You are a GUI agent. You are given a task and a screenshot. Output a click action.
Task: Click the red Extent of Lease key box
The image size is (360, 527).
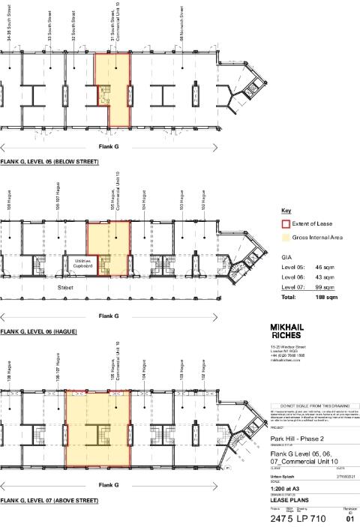(285, 223)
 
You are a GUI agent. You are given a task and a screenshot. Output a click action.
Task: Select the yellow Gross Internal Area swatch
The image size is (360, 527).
(285, 238)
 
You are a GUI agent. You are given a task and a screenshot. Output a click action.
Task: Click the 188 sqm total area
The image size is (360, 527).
(325, 297)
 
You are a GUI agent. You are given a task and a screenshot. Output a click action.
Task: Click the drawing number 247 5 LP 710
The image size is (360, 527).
(298, 518)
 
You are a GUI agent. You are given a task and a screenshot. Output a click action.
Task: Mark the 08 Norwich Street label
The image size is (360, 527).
(182, 23)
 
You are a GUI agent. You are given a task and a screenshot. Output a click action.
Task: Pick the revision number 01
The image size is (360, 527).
(349, 518)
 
